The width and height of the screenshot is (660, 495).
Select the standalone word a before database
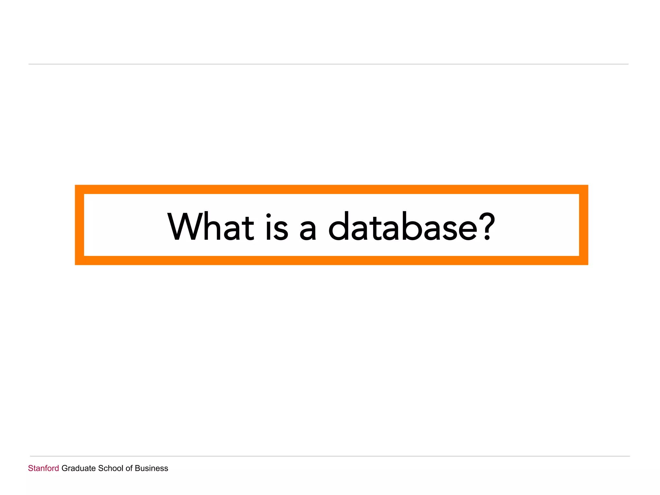[x=307, y=229]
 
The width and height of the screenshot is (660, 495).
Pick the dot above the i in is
[x=268, y=215]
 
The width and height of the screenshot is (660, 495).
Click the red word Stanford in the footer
[x=44, y=468]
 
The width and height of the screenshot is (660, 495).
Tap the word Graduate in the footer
[x=79, y=468]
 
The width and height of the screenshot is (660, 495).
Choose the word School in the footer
[x=110, y=468]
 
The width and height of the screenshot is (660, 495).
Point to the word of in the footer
[x=129, y=468]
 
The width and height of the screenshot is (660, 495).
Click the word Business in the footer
[x=151, y=468]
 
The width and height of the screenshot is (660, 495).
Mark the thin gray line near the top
[x=328, y=64]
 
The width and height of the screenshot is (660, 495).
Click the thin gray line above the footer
[x=330, y=456]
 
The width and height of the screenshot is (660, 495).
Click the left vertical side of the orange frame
[x=80, y=225]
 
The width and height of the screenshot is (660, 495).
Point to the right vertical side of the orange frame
[x=584, y=225]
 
